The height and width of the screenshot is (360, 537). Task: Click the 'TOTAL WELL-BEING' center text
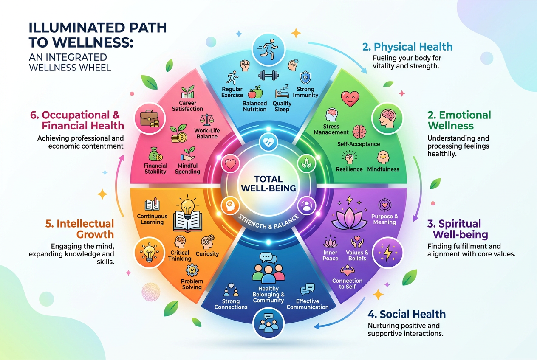point(268,184)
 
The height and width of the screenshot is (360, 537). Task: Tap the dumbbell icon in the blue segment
point(268,76)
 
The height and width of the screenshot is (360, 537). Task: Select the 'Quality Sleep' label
point(282,107)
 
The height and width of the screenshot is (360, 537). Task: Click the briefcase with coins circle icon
point(150,118)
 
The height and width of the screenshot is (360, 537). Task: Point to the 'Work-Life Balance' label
point(207,133)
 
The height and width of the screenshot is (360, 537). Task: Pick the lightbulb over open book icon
point(188,214)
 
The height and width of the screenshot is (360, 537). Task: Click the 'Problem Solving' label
point(192,284)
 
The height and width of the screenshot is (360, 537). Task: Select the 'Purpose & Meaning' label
point(384,219)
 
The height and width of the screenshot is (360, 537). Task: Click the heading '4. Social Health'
point(407,314)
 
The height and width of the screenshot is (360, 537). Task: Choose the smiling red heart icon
point(350,98)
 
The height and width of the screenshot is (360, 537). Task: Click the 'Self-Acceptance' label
point(359,144)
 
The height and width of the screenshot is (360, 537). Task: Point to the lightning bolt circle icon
point(387,253)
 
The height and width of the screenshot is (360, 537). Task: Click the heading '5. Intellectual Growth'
point(79,229)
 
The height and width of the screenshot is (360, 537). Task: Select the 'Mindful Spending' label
point(187,169)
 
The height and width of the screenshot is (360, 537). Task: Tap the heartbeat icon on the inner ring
point(268,143)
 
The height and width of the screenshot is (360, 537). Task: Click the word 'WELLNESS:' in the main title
point(81,42)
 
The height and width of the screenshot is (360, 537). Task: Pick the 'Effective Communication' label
point(308,304)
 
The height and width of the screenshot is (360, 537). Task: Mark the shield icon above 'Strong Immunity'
point(305,78)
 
